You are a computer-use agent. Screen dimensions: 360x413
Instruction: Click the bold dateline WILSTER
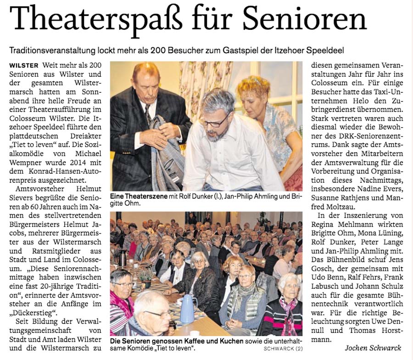[23, 65]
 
